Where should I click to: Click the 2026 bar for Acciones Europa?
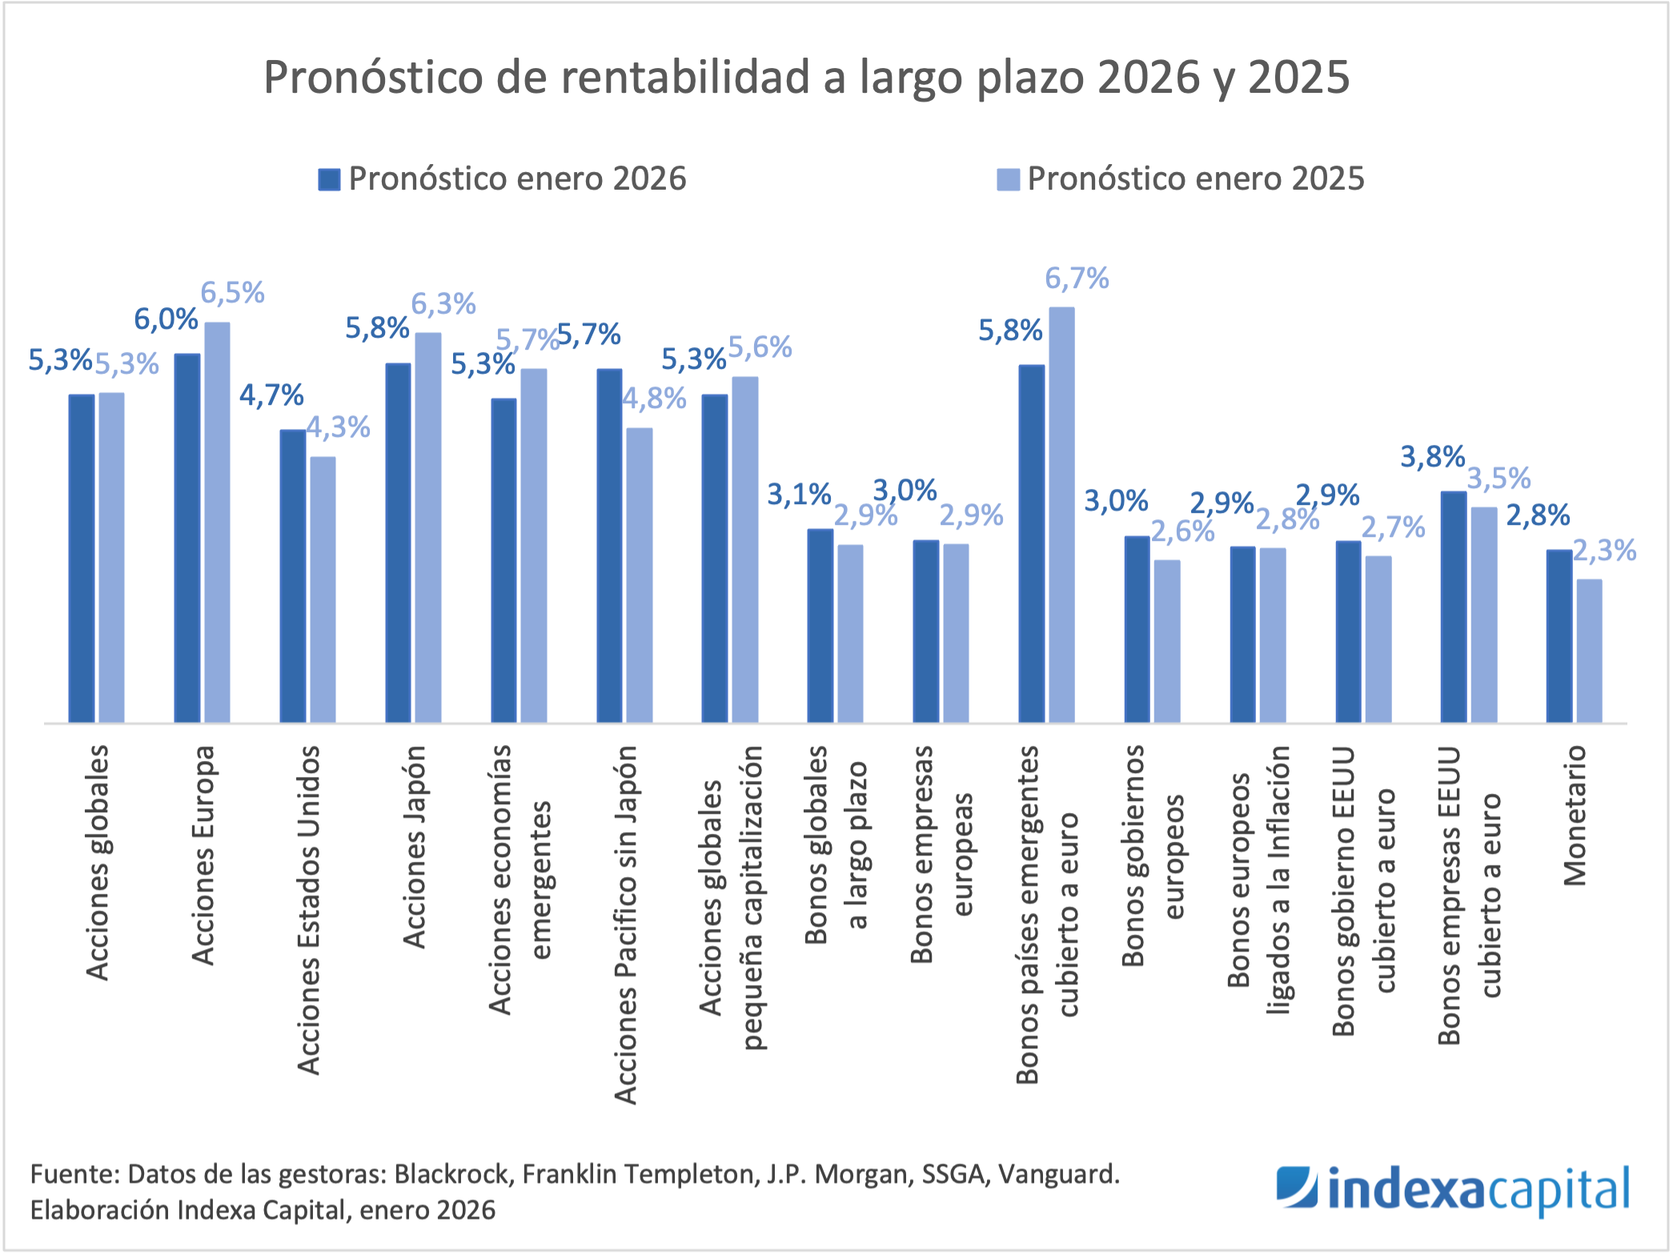pos(187,538)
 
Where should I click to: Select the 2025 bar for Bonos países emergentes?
pos(1061,515)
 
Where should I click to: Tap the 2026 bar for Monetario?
pos(1559,636)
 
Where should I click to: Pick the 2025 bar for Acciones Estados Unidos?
pos(323,590)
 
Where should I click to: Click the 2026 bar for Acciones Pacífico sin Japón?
pos(609,546)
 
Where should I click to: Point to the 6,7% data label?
pos(1077,278)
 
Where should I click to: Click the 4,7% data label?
pos(271,395)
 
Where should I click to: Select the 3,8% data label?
pos(1432,457)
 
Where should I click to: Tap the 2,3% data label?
pos(1604,551)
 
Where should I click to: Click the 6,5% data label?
pos(232,293)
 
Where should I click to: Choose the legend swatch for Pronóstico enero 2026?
pos(329,179)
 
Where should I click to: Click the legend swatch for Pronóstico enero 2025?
pos(1008,179)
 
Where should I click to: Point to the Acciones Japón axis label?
pos(414,847)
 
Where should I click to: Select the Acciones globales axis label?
pos(97,863)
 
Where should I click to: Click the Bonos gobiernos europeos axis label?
pos(1152,855)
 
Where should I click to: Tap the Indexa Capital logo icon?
pos(1297,1186)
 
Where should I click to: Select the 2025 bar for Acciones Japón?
pos(428,527)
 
